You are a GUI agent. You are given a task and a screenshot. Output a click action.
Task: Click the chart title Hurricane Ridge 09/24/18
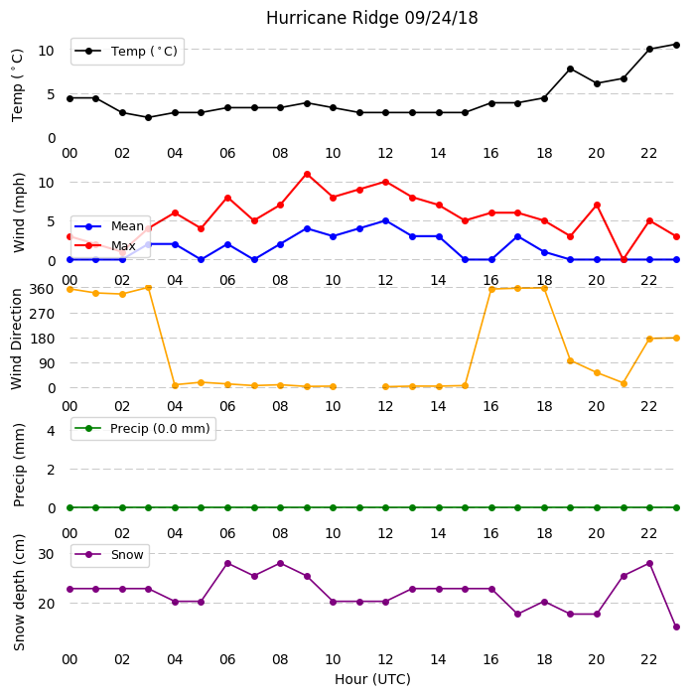(x=372, y=18)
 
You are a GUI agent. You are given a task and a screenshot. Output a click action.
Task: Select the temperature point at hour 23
(x=676, y=45)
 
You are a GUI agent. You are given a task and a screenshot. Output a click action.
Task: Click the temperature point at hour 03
(x=148, y=117)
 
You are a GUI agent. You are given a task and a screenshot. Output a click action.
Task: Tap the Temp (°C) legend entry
(x=126, y=52)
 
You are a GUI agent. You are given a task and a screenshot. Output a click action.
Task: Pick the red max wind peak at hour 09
(x=307, y=175)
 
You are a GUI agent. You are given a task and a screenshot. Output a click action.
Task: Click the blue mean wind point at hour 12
(x=386, y=221)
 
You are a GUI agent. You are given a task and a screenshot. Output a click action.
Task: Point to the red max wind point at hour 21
(x=624, y=260)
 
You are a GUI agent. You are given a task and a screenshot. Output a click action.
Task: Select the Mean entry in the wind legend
(x=109, y=226)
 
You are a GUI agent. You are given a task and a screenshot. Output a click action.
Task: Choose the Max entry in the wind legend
(x=105, y=245)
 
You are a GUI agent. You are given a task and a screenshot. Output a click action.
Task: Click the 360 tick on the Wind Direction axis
(x=42, y=289)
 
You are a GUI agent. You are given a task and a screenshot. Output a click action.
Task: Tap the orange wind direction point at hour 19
(x=571, y=360)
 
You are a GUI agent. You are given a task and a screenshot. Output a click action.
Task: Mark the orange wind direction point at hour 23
(x=676, y=339)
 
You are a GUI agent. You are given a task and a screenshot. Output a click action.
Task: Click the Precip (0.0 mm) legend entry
(x=143, y=428)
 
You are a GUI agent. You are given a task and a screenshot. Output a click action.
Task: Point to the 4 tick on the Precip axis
(x=51, y=431)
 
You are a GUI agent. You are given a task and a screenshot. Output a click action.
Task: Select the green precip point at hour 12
(x=386, y=507)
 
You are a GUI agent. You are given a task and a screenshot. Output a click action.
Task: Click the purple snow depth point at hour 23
(x=676, y=627)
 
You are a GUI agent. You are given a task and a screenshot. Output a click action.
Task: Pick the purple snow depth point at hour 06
(x=227, y=564)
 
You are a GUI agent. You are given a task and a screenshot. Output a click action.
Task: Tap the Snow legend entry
(x=109, y=555)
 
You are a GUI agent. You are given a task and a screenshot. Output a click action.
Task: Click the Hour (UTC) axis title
(x=372, y=679)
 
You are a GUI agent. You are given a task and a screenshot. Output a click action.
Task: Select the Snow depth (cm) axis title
(x=19, y=593)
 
